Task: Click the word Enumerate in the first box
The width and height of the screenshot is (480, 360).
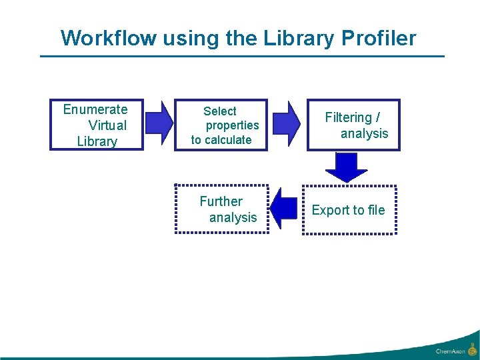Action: (x=95, y=109)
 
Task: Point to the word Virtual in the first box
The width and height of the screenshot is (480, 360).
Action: (x=107, y=125)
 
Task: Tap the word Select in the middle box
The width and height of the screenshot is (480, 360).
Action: (x=220, y=111)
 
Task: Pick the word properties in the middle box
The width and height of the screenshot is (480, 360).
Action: (x=232, y=125)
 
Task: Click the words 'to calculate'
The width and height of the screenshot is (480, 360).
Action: (x=221, y=140)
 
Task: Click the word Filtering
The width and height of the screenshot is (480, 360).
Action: (x=349, y=117)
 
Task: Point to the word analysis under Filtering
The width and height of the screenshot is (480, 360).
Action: (x=364, y=133)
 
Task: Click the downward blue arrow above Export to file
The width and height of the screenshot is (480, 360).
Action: (x=346, y=167)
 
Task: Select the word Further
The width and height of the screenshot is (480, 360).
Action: (x=221, y=201)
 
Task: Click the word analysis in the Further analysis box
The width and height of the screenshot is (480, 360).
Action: (x=233, y=217)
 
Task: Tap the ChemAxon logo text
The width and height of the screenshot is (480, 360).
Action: (x=450, y=351)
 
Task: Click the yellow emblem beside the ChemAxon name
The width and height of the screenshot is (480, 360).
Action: (x=472, y=349)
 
